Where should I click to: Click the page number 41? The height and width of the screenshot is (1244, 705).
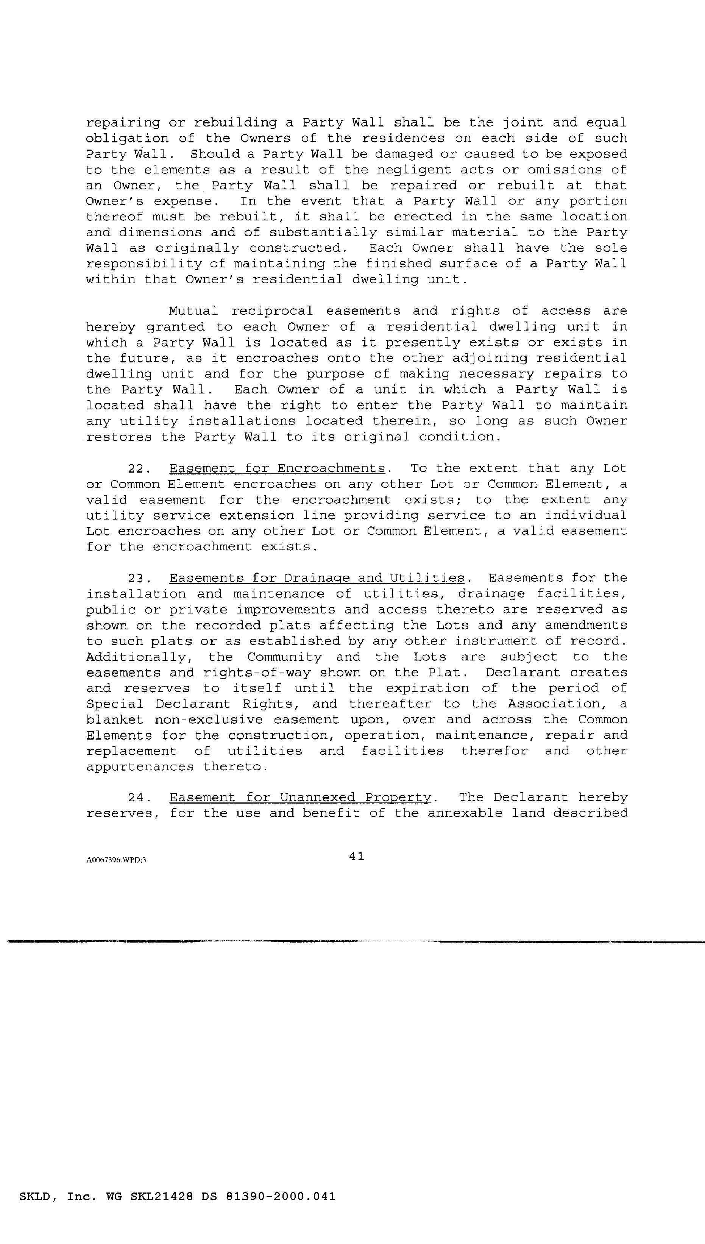[x=356, y=856]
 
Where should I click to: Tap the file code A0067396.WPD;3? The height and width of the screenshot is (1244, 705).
[x=116, y=860]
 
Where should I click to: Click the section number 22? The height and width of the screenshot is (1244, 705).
[x=140, y=469]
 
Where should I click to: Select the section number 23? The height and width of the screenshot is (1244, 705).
[x=140, y=578]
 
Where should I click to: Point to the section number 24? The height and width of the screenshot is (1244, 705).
[x=140, y=798]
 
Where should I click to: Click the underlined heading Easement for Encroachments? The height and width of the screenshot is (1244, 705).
[x=278, y=469]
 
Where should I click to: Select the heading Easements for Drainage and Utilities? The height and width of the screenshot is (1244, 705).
[x=317, y=578]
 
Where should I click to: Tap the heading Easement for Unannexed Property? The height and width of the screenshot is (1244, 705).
[x=300, y=798]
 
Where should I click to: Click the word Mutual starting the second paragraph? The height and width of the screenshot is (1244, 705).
[x=193, y=311]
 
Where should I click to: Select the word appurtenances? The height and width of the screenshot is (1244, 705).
[x=140, y=767]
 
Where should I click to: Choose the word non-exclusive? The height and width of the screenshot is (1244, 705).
[x=208, y=720]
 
